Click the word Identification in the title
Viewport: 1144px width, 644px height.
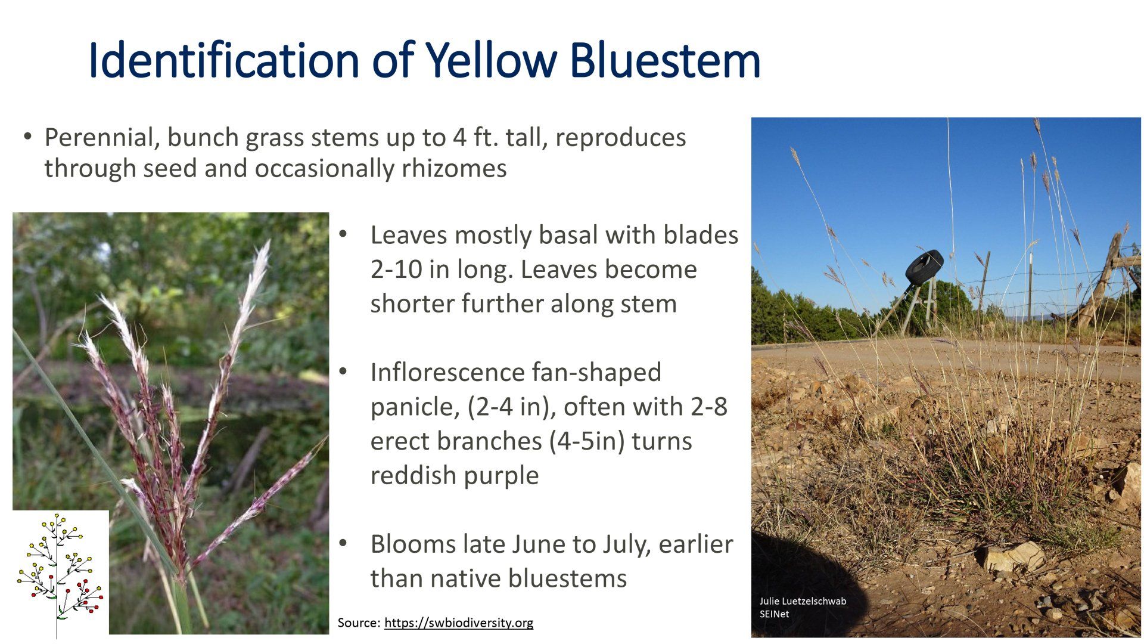tap(223, 60)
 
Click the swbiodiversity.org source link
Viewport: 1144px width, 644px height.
tap(459, 623)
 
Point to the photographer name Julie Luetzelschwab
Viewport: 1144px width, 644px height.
tap(803, 601)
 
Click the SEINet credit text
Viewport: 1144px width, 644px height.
tap(774, 614)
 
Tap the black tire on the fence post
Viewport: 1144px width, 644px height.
tap(924, 267)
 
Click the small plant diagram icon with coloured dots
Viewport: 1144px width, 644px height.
tap(60, 574)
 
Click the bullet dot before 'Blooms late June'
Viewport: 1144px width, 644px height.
tap(343, 543)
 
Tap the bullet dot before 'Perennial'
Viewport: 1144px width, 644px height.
tap(27, 136)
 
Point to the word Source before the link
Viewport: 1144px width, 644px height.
tap(358, 623)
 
